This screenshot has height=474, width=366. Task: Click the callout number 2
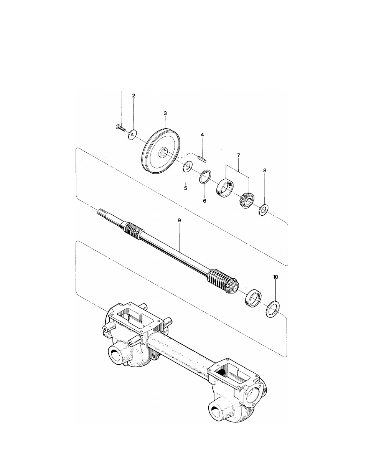[134, 96]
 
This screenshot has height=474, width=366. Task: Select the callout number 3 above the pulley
[165, 113]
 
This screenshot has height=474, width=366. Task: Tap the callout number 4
[202, 135]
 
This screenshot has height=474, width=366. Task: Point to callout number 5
[186, 188]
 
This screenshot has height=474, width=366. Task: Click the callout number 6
[204, 201]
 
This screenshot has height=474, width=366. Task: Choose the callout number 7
[239, 155]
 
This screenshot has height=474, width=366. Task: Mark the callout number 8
[265, 170]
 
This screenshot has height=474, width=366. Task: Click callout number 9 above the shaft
[179, 221]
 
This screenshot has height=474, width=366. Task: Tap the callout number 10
[275, 277]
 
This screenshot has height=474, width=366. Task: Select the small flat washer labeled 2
[132, 135]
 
